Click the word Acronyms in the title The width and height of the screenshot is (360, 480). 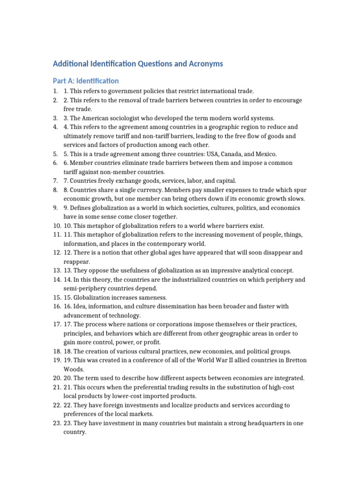point(203,63)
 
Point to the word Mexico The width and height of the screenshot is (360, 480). point(266,154)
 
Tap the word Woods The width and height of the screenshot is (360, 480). point(74,369)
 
